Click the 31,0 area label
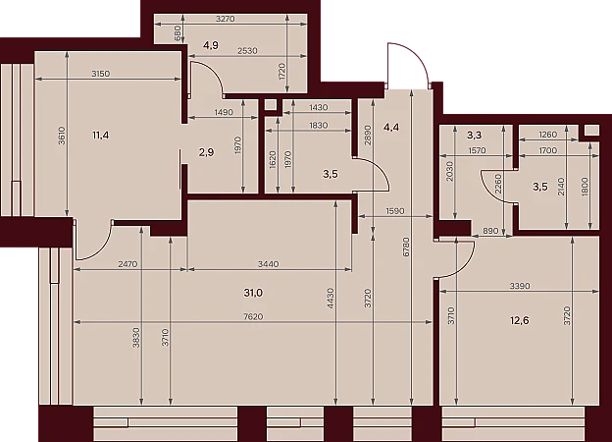coord(253,293)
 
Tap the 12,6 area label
coord(520,321)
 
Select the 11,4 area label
coord(101,136)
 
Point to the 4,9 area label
coord(210,46)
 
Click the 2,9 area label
coord(206,152)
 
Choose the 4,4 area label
coord(391,127)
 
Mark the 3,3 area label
coord(475,136)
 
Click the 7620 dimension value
coord(253,316)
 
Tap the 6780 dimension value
coord(406,247)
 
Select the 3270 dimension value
coord(226,19)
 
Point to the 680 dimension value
coord(177,33)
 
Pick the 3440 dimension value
coord(269,264)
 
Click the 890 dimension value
coord(490,231)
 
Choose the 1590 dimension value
coord(395,211)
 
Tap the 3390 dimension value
coord(520,286)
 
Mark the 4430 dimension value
coord(331,299)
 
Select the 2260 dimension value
coord(498,184)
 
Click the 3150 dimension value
coord(101,74)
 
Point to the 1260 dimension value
coord(547,135)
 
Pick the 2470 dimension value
coord(127,264)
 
